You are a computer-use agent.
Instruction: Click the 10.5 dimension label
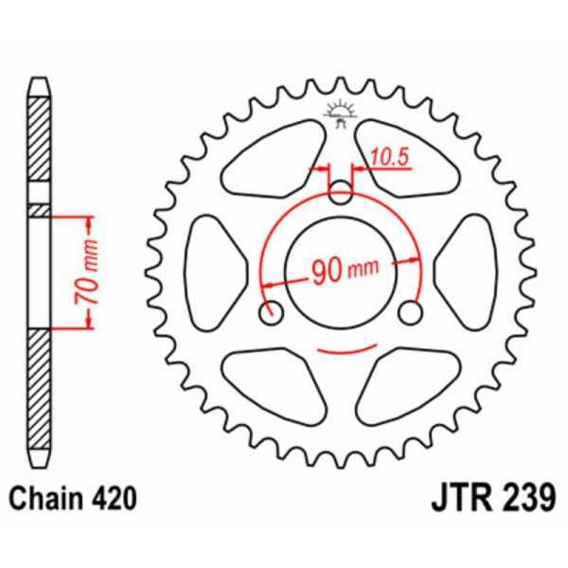389,158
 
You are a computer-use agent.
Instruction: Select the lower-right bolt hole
409,311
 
